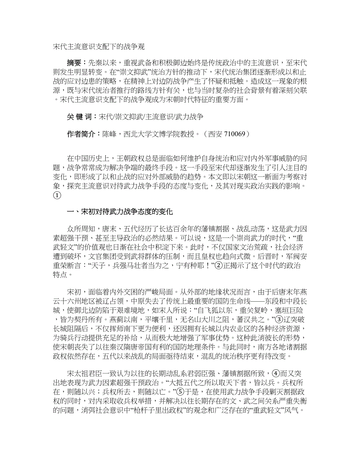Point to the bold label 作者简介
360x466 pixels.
(81, 134)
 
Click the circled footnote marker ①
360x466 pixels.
(57, 195)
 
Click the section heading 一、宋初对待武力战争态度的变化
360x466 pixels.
(120, 212)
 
